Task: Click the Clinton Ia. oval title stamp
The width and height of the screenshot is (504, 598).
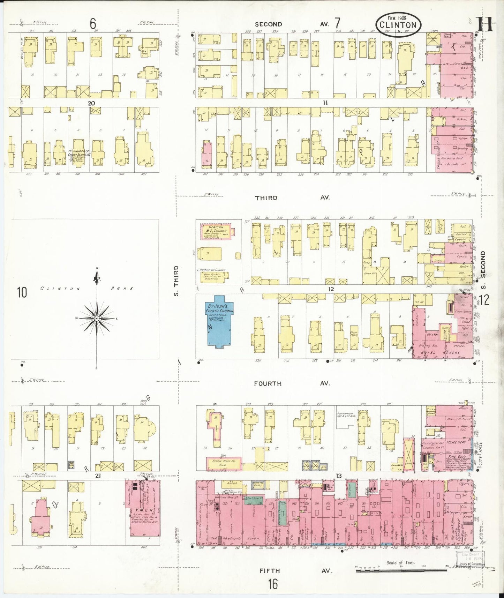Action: pos(398,24)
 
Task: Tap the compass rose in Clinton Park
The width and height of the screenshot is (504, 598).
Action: pos(97,318)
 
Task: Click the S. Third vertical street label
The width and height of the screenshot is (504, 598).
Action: pos(176,281)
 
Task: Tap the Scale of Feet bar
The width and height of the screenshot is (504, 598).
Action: pos(401,571)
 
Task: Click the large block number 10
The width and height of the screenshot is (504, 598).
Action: pos(22,292)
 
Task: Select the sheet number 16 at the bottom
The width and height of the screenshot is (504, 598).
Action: pos(273,584)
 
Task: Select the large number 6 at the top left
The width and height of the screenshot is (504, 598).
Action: pos(92,24)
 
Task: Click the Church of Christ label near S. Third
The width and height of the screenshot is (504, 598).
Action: pos(211,270)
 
